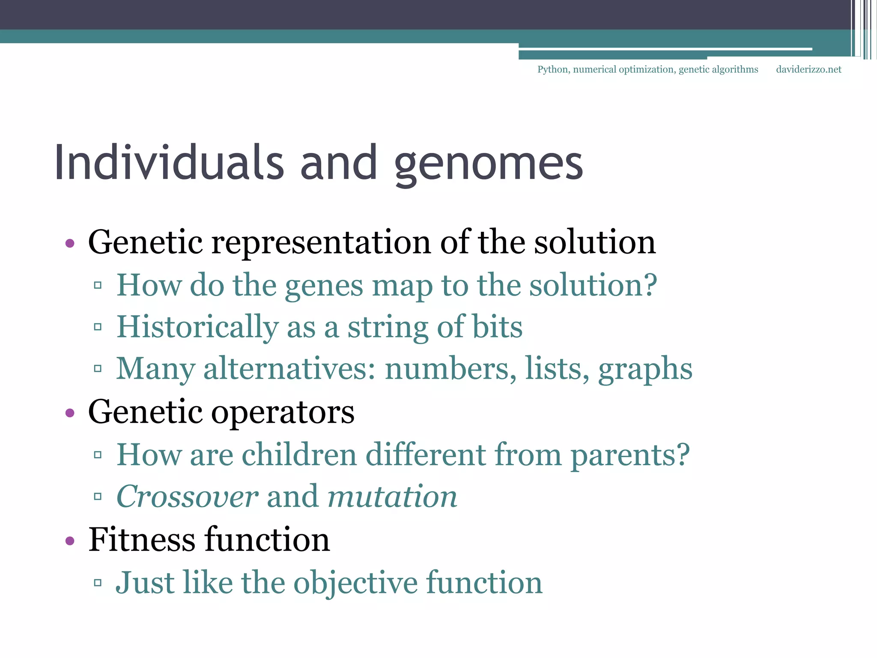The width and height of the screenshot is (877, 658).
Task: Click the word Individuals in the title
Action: pos(169,163)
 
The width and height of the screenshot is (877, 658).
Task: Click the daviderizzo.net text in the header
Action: pos(808,69)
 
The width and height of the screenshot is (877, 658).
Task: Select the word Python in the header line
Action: pos(553,69)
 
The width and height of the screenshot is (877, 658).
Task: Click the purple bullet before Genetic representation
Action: pos(70,244)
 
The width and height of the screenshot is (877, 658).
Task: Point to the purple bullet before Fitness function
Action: pos(70,541)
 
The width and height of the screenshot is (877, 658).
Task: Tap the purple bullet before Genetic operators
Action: pos(70,413)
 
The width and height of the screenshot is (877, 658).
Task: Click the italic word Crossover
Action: pos(187,496)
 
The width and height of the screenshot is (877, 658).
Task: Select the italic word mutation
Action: pos(392,496)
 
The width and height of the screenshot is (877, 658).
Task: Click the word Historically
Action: pos(197,327)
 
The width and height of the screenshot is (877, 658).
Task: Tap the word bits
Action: pos(497,327)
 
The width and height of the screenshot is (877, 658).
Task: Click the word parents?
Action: pos(630,455)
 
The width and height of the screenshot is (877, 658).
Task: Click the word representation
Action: pos(321,243)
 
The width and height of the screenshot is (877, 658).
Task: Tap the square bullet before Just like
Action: pos(98,583)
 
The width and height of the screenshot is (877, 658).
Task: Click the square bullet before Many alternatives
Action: pos(98,368)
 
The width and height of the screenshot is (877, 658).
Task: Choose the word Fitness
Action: pos(142,540)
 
